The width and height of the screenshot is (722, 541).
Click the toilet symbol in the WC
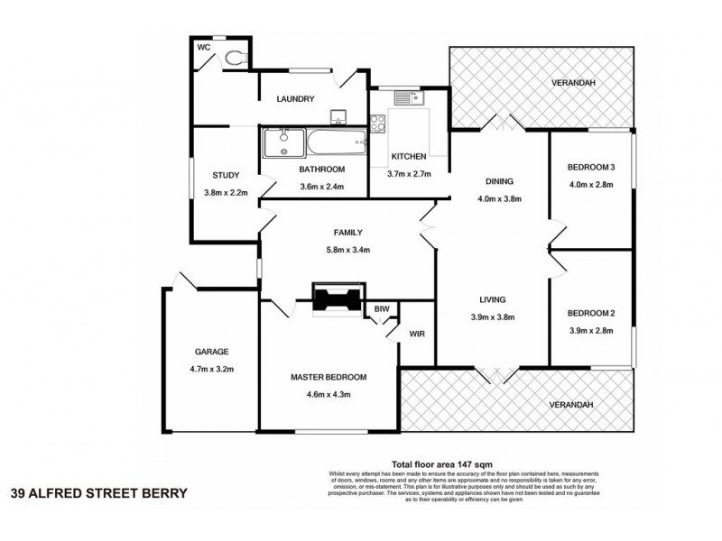235,57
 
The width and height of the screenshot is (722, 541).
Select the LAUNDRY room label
296,98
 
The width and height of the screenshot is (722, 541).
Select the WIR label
416,333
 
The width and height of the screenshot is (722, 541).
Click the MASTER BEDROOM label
329,377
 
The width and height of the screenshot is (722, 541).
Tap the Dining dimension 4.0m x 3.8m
500,198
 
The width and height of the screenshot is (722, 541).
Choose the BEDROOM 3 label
590,168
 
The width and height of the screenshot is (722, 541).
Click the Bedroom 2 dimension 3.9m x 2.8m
590,331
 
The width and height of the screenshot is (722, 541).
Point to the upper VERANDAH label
575,85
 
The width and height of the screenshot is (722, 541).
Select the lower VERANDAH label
570,405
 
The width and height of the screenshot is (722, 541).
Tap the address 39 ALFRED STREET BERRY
99,493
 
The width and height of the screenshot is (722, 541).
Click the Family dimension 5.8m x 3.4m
322,250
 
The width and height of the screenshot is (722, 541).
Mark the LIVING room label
492,299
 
